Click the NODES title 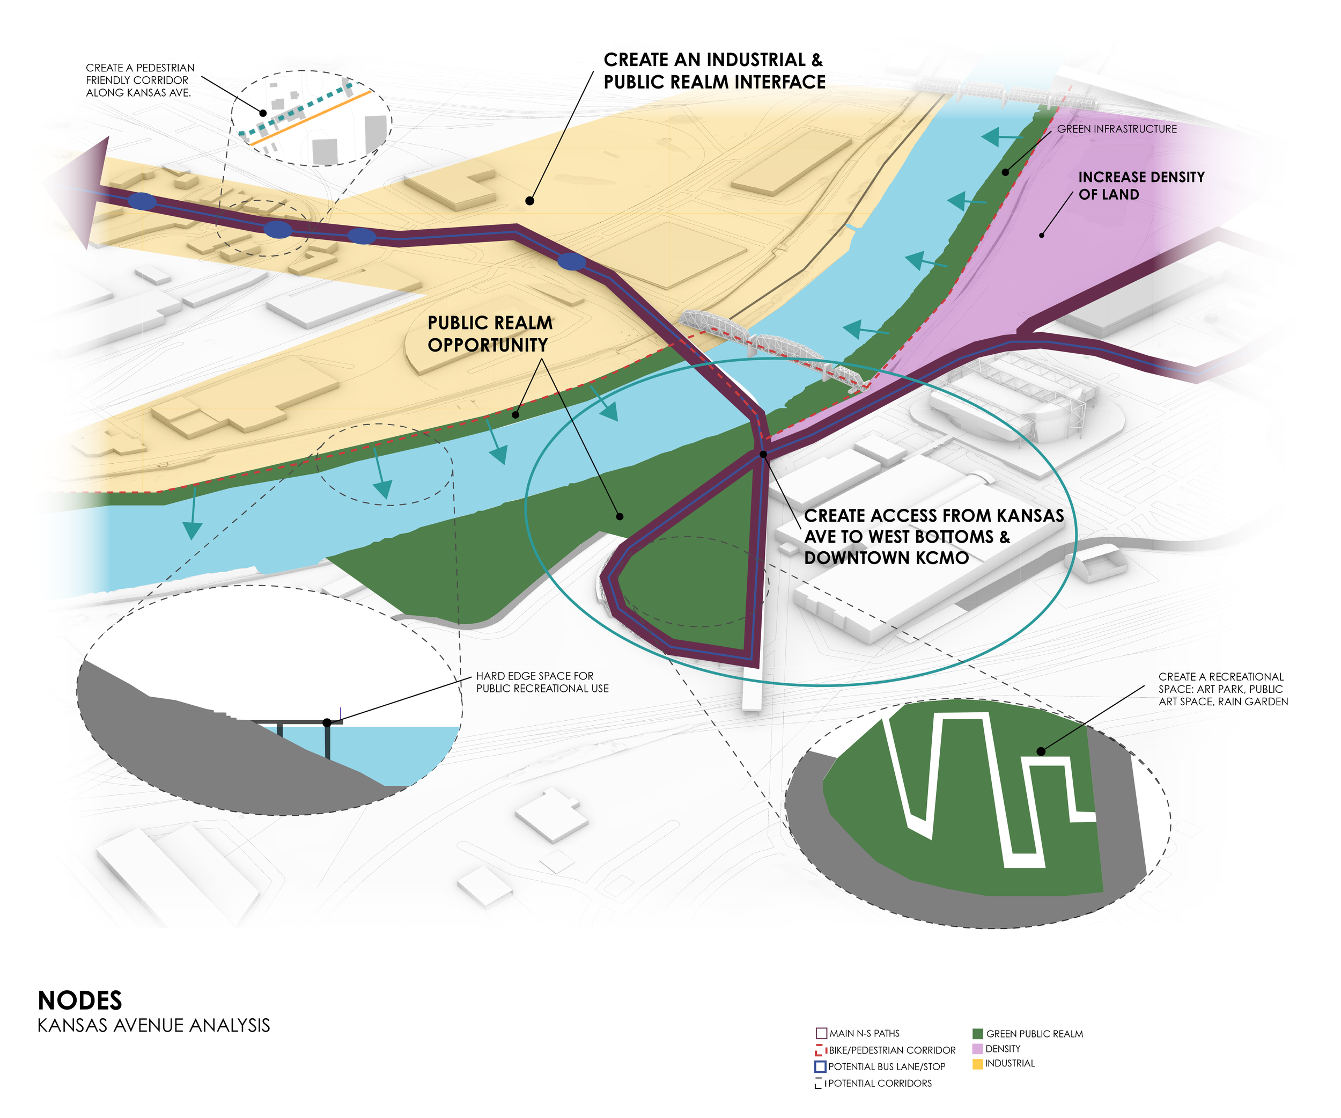pos(80,1000)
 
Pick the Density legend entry pos(1003,1049)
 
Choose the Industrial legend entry pos(1010,1064)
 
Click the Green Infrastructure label pos(1116,129)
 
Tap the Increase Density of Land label pos(1141,185)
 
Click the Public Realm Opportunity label pos(490,333)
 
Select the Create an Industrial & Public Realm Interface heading pos(714,71)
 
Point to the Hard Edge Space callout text pos(542,682)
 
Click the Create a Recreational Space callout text pos(1223,689)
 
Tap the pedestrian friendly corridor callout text pos(140,81)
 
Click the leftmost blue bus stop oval pos(142,201)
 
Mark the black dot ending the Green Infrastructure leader pos(1005,172)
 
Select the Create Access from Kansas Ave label pos(933,537)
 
